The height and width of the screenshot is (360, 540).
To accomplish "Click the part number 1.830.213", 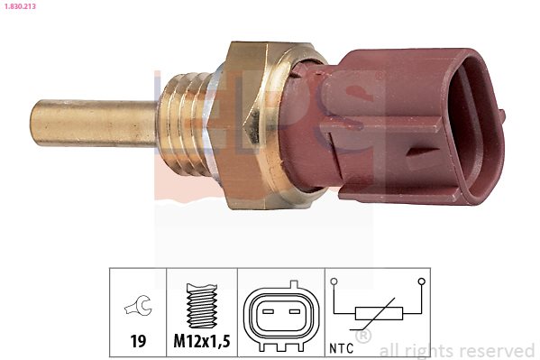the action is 20,6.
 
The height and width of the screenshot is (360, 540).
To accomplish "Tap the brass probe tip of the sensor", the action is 93,123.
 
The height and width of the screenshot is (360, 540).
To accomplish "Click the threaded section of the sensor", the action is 184,123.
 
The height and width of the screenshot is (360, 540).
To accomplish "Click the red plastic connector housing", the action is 396,125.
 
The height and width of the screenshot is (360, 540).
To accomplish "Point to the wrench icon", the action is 139,305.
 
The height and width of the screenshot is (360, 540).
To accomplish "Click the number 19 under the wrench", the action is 138,341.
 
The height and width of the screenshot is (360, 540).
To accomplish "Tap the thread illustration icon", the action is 201,306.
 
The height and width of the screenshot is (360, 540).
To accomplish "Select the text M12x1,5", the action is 202,341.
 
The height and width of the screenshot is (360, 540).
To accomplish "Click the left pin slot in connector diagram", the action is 268,311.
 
